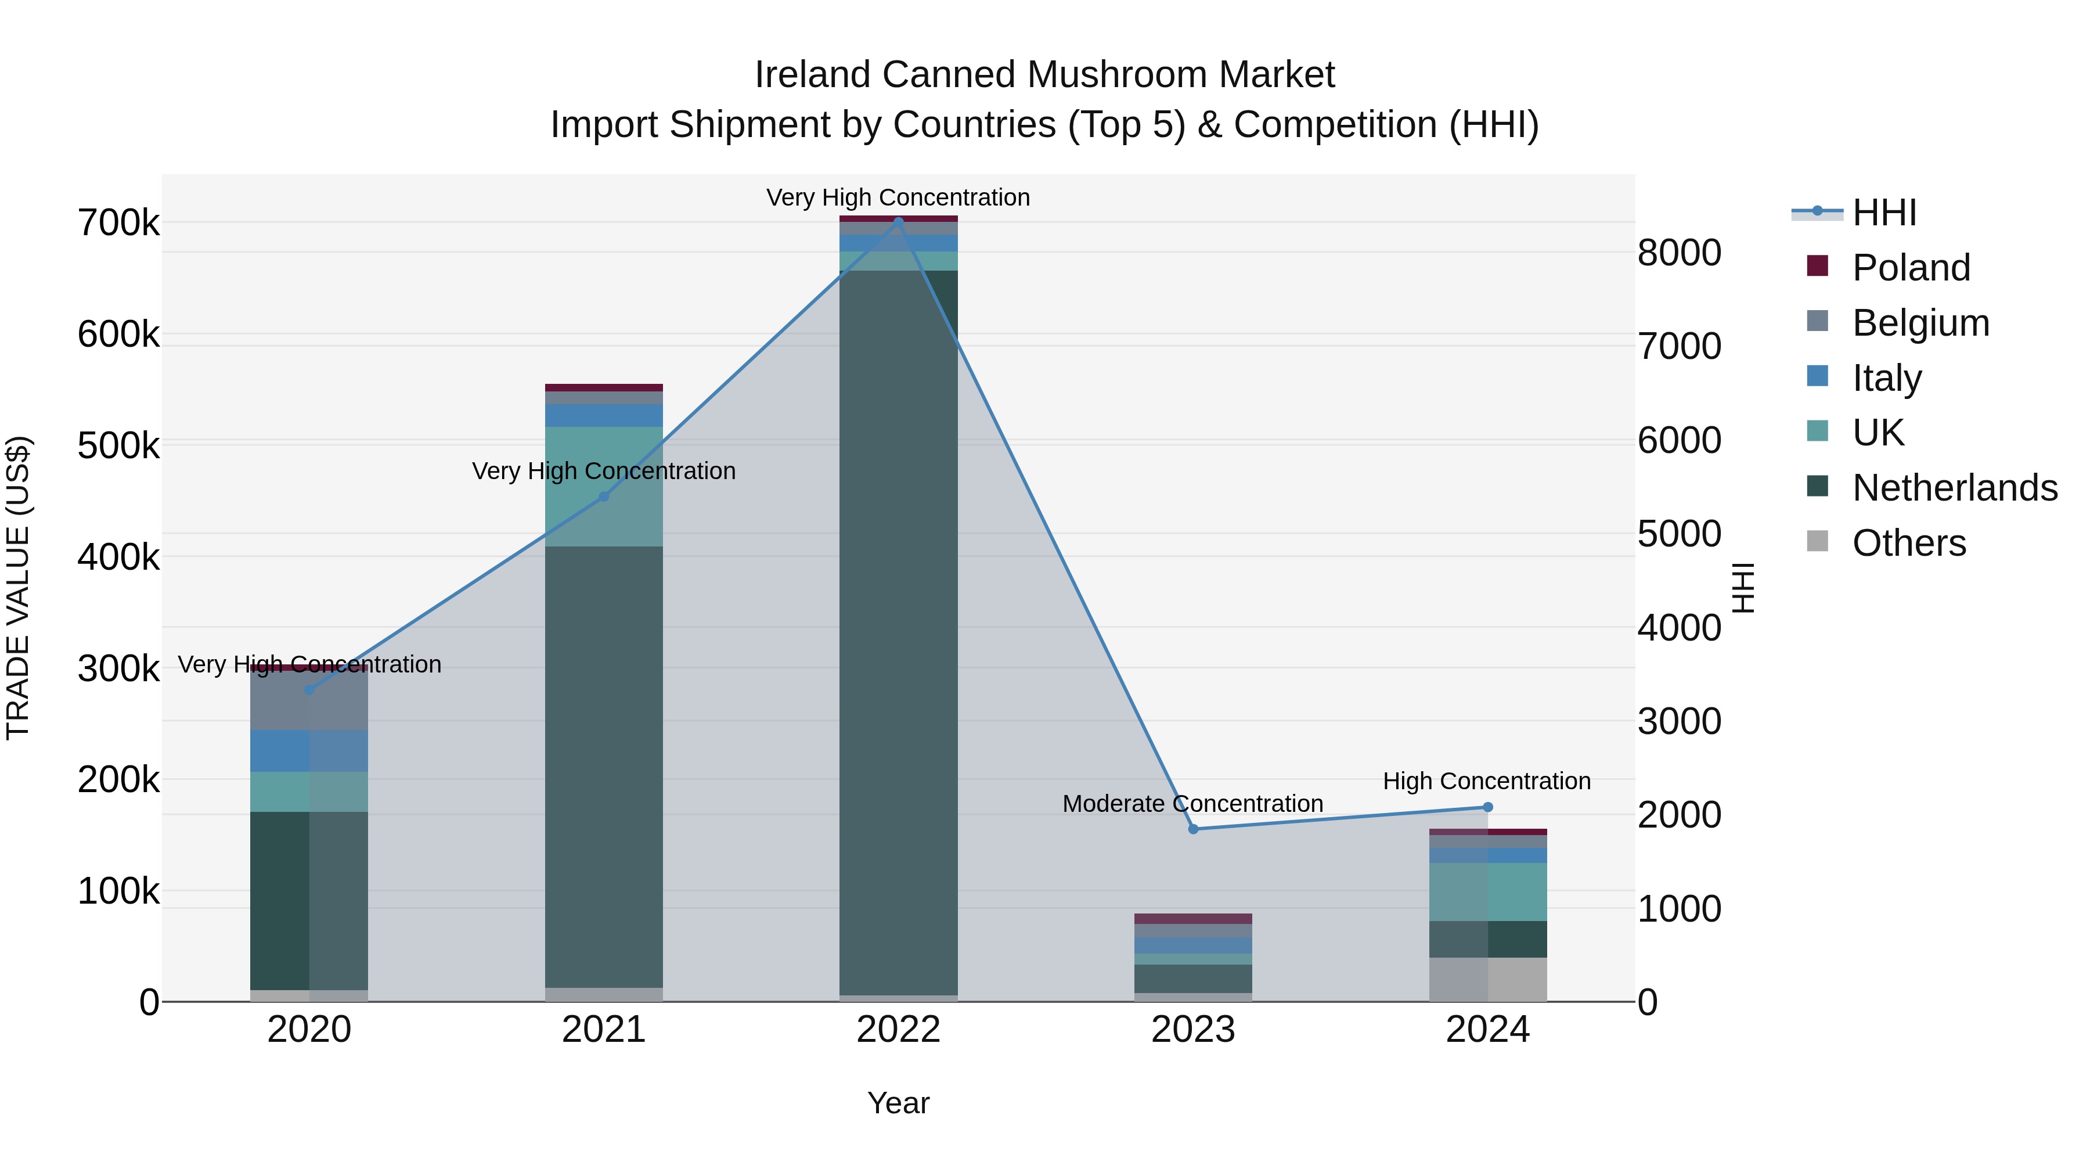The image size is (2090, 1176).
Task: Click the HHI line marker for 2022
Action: [898, 221]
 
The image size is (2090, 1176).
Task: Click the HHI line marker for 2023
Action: [1192, 829]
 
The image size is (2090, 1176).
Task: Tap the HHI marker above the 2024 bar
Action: [1487, 807]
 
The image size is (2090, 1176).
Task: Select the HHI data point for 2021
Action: [604, 496]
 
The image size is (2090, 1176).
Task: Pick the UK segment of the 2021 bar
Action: [604, 487]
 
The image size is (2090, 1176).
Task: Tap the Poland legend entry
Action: [1911, 268]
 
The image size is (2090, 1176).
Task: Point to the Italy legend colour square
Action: [1817, 376]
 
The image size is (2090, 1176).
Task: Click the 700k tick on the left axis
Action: [118, 223]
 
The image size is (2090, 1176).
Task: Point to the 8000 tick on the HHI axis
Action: [1678, 253]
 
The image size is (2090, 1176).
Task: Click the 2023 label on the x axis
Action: [1192, 1030]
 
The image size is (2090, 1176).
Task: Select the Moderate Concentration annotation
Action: [1192, 804]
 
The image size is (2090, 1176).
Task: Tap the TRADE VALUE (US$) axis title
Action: [18, 588]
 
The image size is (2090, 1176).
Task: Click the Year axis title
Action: [898, 1103]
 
